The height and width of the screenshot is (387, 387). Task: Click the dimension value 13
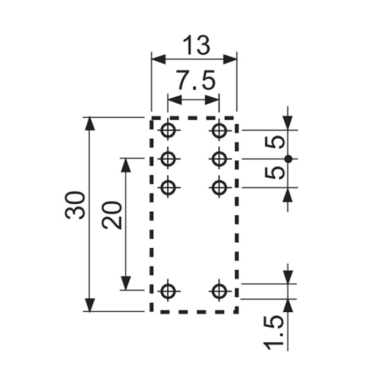[x=197, y=45]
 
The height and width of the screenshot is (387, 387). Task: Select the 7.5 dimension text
[x=196, y=80]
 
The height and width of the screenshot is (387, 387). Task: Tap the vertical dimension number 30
[x=75, y=205]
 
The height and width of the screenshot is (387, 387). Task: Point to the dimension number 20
[x=112, y=215]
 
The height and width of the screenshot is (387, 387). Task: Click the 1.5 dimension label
[x=274, y=333]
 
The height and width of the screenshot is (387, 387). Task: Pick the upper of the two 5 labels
[x=275, y=143]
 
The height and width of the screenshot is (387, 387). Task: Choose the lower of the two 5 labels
[x=275, y=173]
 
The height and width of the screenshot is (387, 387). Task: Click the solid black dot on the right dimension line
[x=288, y=159]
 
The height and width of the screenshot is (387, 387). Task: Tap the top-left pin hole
[x=168, y=130]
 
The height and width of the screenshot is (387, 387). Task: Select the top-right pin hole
[x=219, y=130]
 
